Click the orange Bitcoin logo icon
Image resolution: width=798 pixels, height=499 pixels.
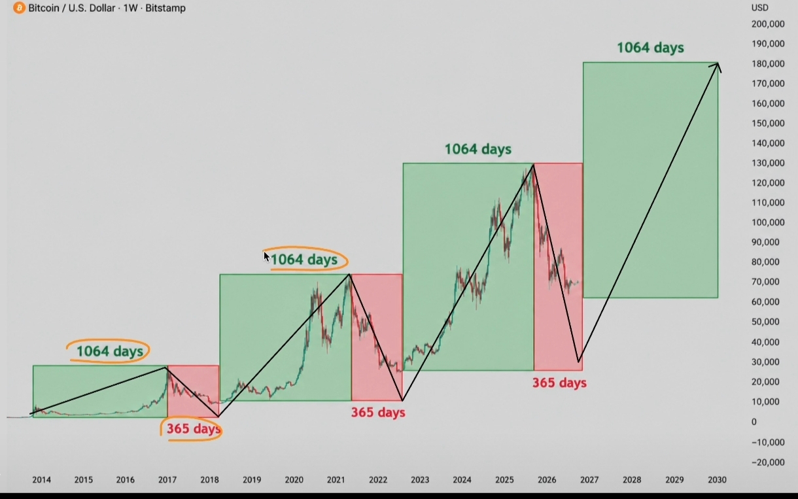(x=19, y=8)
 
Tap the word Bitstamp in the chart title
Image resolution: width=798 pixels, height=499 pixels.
(x=165, y=8)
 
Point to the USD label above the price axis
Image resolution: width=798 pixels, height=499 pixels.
(x=760, y=7)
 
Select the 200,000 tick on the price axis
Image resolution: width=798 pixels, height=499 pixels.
(x=768, y=24)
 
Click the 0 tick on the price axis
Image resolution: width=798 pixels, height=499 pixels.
(x=754, y=422)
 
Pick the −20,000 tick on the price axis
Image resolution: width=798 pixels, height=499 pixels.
(x=768, y=462)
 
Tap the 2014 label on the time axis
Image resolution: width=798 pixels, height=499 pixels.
(x=42, y=480)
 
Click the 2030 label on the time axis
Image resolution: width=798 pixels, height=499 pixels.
(x=717, y=480)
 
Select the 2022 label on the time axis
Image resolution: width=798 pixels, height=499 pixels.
(x=378, y=480)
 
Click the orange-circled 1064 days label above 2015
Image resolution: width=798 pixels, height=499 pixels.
(x=110, y=351)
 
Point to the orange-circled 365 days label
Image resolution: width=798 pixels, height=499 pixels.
(x=194, y=428)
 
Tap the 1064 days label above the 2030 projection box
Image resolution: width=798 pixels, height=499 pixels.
(x=651, y=48)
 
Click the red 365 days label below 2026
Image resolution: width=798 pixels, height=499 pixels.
(x=559, y=383)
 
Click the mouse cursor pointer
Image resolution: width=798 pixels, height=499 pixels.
(x=267, y=257)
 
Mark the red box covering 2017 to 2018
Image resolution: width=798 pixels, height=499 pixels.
(x=193, y=391)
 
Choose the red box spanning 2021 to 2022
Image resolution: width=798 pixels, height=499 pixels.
(x=377, y=337)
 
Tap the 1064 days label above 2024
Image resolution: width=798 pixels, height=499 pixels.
(x=478, y=149)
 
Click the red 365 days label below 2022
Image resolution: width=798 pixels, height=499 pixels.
(x=378, y=413)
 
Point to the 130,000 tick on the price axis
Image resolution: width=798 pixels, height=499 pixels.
(x=768, y=163)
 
